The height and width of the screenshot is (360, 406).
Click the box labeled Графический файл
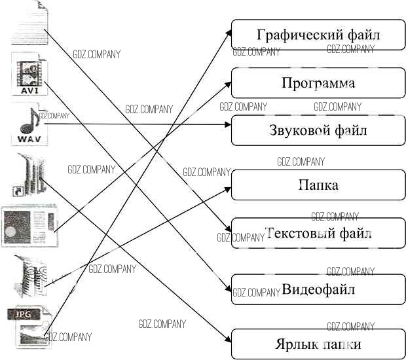[x=318, y=35]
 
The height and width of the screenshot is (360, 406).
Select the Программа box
[x=318, y=83]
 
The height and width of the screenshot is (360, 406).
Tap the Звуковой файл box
[x=318, y=130]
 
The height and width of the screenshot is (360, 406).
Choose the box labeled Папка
[x=318, y=185]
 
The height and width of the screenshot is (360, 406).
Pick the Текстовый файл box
[x=318, y=234]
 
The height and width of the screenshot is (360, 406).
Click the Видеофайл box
[x=318, y=289]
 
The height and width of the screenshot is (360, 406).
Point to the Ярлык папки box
[x=318, y=344]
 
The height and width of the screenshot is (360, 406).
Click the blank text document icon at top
[x=30, y=23]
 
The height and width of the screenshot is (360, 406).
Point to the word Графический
[x=291, y=35]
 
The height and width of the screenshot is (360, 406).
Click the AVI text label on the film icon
[x=29, y=90]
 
